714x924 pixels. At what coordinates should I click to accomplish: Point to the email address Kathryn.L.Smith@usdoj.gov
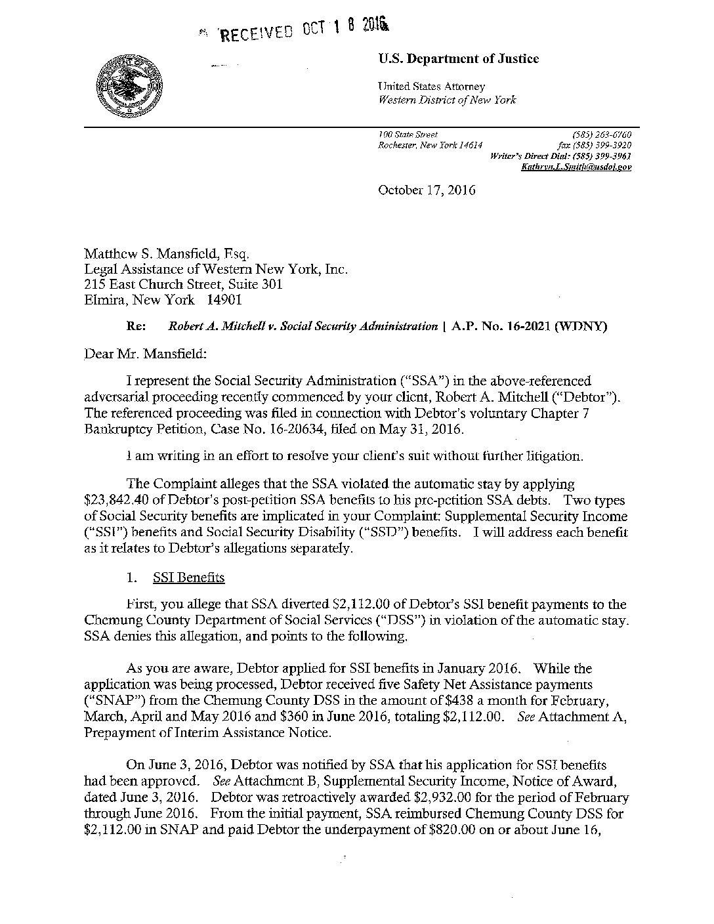[576, 167]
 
